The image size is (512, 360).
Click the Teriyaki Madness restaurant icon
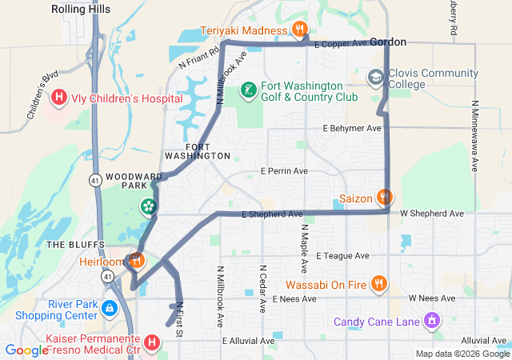[300, 30]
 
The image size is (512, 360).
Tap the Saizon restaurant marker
[385, 196]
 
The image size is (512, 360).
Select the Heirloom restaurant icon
[136, 261]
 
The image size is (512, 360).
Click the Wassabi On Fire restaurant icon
[379, 283]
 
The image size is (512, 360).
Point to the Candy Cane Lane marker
[432, 321]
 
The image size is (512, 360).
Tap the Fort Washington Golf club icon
[250, 89]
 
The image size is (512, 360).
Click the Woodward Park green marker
[148, 207]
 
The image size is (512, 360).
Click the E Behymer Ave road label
[352, 128]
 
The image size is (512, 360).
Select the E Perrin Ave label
[284, 171]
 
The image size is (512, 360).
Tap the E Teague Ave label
[342, 256]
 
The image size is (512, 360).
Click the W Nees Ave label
[431, 298]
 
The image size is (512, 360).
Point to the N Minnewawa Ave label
[474, 136]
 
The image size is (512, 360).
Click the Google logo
[26, 350]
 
